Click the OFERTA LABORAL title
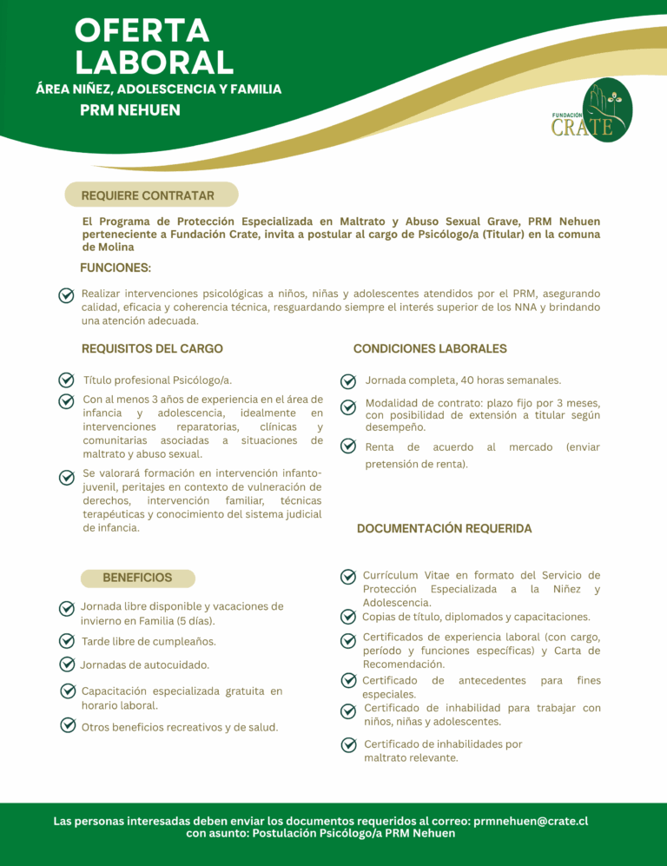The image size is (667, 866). [154, 46]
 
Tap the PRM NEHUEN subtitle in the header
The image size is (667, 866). [130, 110]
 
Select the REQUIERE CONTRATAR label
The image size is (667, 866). [148, 195]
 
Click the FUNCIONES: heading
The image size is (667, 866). [116, 268]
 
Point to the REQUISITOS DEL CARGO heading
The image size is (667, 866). [152, 348]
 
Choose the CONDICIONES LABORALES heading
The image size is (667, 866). [430, 348]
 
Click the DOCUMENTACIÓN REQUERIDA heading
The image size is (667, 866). [444, 528]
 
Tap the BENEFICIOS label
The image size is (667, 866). [137, 578]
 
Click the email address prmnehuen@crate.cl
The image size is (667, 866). [532, 820]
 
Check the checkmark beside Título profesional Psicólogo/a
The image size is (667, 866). [66, 380]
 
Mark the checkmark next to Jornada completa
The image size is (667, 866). [347, 380]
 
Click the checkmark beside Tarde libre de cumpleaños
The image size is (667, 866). [66, 641]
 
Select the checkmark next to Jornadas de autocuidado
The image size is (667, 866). [66, 664]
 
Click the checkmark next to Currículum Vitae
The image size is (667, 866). [347, 576]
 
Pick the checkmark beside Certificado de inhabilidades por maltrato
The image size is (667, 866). [348, 744]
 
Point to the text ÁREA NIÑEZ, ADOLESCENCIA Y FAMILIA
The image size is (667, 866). [159, 89]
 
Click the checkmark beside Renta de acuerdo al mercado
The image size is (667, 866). [347, 446]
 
